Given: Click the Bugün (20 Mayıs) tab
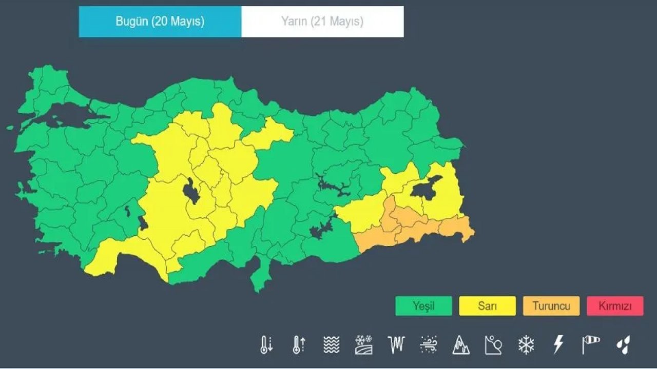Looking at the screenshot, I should (x=160, y=22).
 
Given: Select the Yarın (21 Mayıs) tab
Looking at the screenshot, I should (x=322, y=22).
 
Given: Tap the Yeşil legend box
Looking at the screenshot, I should (x=423, y=306).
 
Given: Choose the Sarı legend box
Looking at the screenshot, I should (x=487, y=306).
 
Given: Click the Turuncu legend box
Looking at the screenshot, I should (x=551, y=306).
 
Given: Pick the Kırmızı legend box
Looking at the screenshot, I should (x=614, y=306).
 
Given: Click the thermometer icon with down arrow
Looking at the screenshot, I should (x=266, y=344).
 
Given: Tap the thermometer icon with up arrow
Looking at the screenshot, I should (x=299, y=344).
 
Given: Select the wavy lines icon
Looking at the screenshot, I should (x=332, y=344).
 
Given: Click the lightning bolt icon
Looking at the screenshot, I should (x=558, y=344).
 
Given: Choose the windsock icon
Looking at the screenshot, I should (x=591, y=344).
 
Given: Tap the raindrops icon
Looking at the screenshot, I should (x=624, y=344).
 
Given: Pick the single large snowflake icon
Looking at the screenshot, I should (x=526, y=344).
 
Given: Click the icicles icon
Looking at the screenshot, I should (x=396, y=344).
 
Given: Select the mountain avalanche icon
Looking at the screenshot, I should (x=461, y=344).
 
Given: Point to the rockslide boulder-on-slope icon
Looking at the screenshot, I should (x=493, y=344).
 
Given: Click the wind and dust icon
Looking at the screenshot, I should (x=428, y=344).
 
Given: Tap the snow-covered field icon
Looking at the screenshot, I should (x=363, y=344).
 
